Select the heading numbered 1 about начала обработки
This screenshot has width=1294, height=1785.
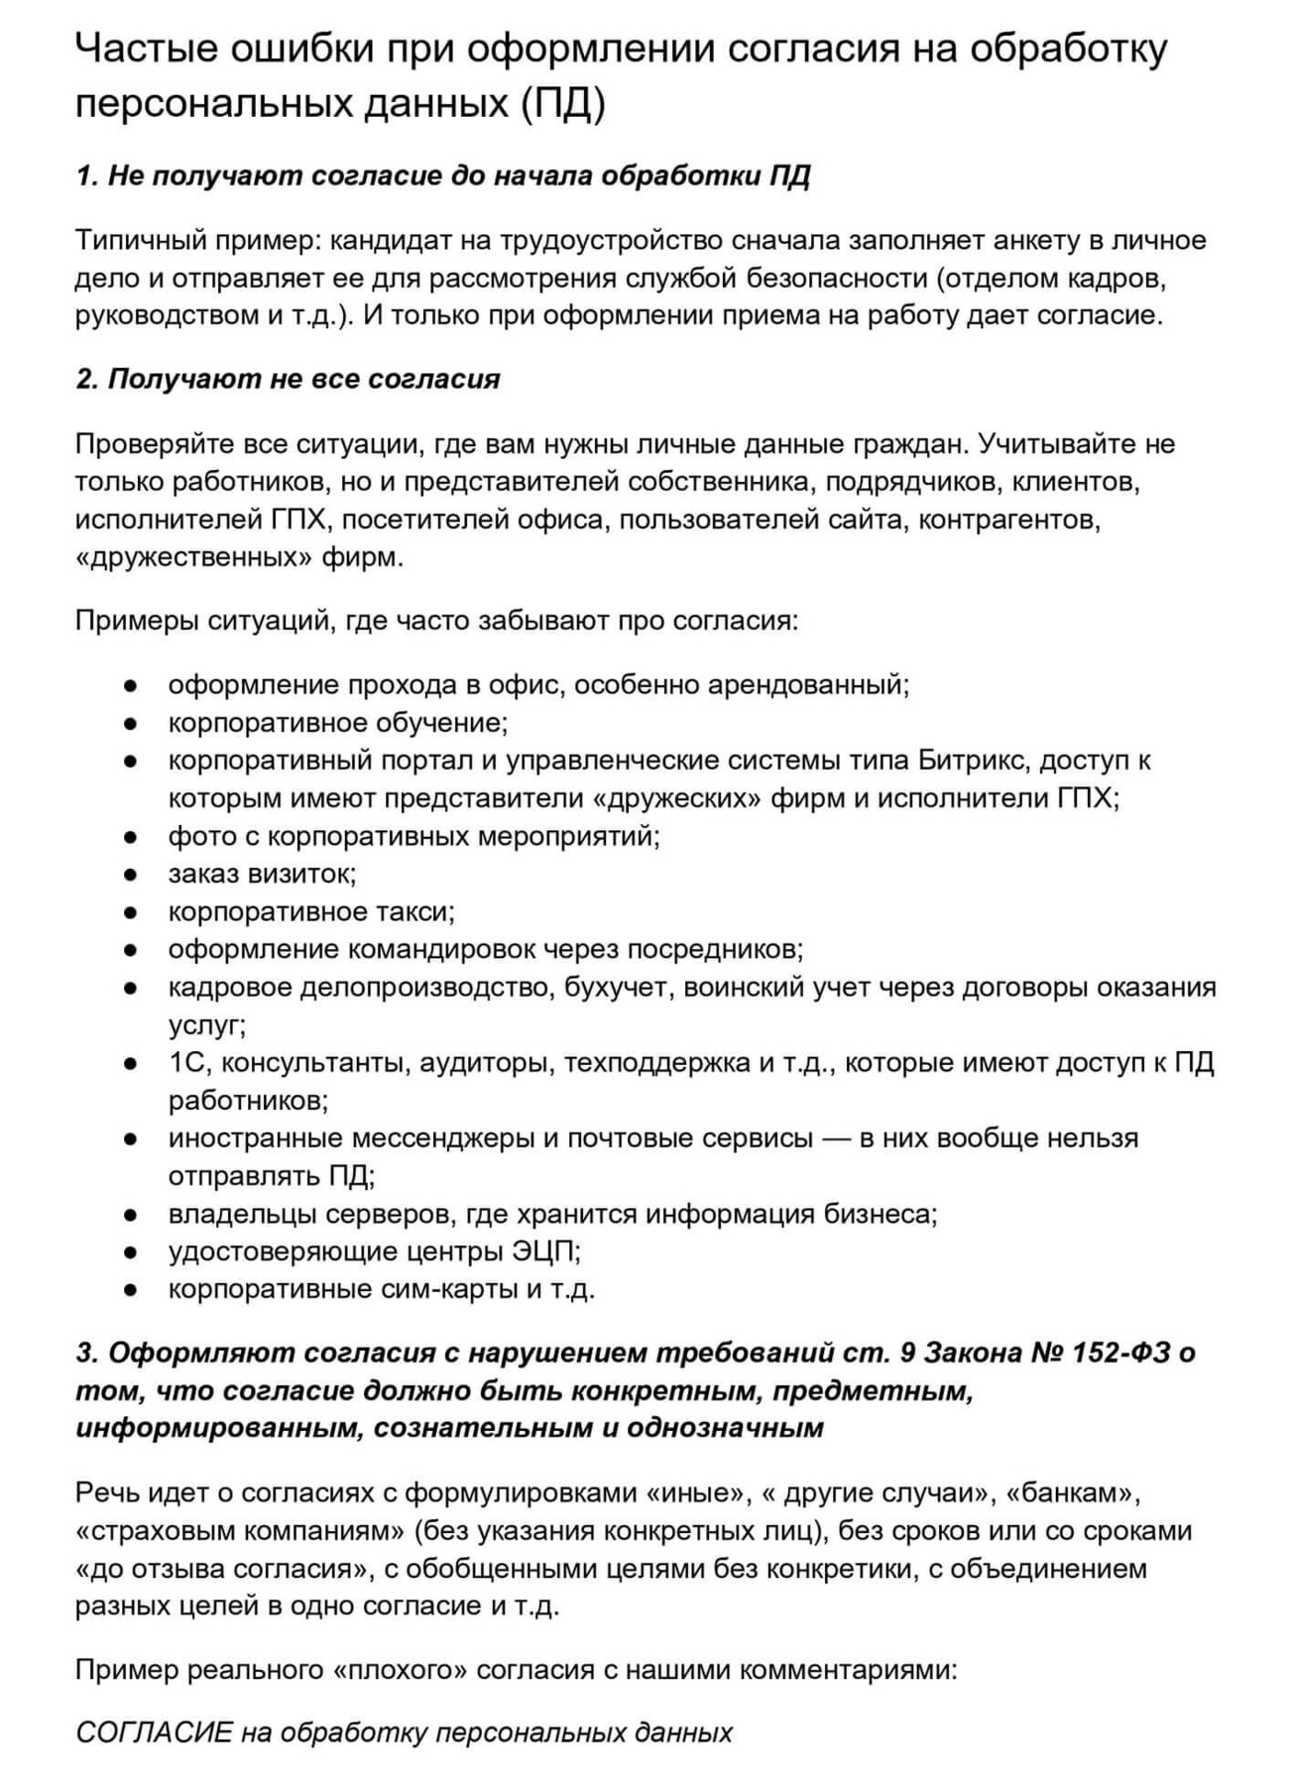point(442,177)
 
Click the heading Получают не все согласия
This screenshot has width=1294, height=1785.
point(288,379)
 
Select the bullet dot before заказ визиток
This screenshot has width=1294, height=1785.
point(130,875)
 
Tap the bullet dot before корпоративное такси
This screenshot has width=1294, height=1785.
point(130,912)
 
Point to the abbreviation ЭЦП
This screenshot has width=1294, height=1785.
point(543,1251)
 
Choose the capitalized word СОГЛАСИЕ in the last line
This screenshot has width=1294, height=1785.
point(154,1732)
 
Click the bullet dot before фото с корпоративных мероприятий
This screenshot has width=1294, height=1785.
point(130,837)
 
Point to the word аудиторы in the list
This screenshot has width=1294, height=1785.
point(485,1063)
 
